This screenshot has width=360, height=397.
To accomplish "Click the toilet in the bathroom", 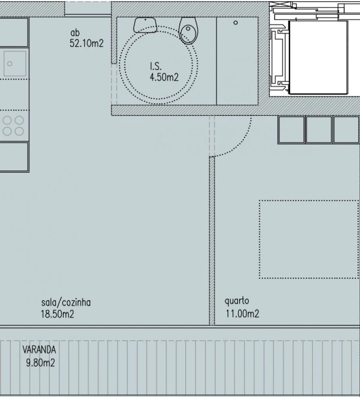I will pyautogui.click(x=188, y=30).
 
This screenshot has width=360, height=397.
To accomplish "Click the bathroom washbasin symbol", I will pyautogui.click(x=145, y=25).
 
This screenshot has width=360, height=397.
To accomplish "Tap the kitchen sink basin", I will pyautogui.click(x=15, y=63).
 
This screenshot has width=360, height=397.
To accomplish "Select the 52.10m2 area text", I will pyautogui.click(x=86, y=43).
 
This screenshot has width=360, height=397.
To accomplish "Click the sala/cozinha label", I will pyautogui.click(x=66, y=303).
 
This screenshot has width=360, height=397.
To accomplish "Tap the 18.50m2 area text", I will pyautogui.click(x=57, y=314).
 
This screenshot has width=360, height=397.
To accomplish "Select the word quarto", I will pyautogui.click(x=237, y=301).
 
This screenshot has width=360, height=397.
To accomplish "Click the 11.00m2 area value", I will pyautogui.click(x=242, y=314).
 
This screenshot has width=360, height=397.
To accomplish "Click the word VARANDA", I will pyautogui.click(x=39, y=350).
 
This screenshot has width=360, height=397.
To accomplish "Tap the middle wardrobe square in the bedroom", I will pyautogui.click(x=318, y=130).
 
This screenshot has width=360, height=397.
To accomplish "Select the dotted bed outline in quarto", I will pyautogui.click(x=308, y=239).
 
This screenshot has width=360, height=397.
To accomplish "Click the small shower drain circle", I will pyautogui.click(x=236, y=23).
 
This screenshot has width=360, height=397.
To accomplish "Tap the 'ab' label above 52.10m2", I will pyautogui.click(x=74, y=34).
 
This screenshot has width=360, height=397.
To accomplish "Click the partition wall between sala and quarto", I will pyautogui.click(x=212, y=240).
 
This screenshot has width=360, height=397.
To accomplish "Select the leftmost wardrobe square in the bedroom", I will pyautogui.click(x=291, y=130).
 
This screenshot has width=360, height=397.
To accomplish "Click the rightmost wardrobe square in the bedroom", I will pyautogui.click(x=346, y=130).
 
